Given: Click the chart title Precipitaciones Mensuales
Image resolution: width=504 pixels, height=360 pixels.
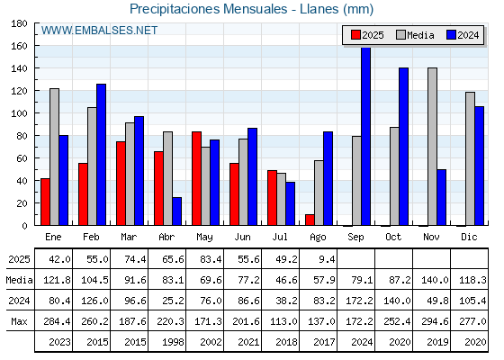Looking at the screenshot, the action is [x=208, y=9].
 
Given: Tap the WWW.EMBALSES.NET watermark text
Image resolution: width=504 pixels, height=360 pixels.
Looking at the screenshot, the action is [x=99, y=31].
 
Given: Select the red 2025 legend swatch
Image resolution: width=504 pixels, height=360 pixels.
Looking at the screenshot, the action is [x=355, y=35].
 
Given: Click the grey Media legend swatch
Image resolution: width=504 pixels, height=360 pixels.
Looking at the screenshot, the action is [x=400, y=35].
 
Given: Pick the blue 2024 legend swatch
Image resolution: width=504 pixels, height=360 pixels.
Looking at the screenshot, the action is [x=451, y=35].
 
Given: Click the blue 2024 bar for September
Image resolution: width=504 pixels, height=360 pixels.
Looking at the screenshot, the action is [x=365, y=136].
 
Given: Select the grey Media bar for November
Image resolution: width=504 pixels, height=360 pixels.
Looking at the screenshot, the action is [x=432, y=147].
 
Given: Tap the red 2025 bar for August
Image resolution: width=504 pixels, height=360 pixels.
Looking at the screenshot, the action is [x=310, y=220].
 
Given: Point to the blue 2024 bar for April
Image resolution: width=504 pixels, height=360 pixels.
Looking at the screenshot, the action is [x=176, y=211].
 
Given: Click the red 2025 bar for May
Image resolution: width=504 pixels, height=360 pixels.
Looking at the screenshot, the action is [x=197, y=178].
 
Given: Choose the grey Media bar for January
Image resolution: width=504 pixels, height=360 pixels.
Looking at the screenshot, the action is [x=54, y=157].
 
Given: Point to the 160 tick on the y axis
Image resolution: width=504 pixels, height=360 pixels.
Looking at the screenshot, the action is [x=19, y=46].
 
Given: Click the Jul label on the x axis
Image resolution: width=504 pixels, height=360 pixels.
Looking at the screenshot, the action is [x=280, y=237].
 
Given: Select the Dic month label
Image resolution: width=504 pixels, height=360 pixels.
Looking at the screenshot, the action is [x=469, y=237].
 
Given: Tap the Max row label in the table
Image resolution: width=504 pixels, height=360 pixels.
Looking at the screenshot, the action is [x=19, y=321].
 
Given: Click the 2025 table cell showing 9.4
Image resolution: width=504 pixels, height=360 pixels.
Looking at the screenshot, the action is [x=328, y=259].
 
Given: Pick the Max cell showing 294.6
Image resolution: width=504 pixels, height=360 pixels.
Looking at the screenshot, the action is [x=435, y=321].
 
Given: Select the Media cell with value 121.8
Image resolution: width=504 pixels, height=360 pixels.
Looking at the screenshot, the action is [x=57, y=280].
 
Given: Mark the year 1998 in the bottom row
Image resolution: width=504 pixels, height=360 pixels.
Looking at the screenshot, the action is [x=173, y=342].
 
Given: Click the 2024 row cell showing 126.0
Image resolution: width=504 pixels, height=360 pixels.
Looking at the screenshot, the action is [x=94, y=301].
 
